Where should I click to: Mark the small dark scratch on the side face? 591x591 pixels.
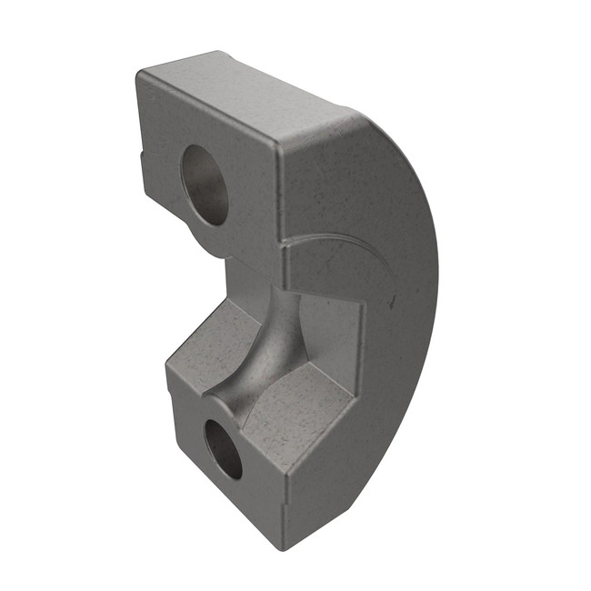pos(393,298)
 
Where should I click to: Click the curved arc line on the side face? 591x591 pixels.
pos(336,238)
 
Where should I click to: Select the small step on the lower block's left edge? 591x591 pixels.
pos(169,386)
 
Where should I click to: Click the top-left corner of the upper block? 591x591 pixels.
pos(141,73)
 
